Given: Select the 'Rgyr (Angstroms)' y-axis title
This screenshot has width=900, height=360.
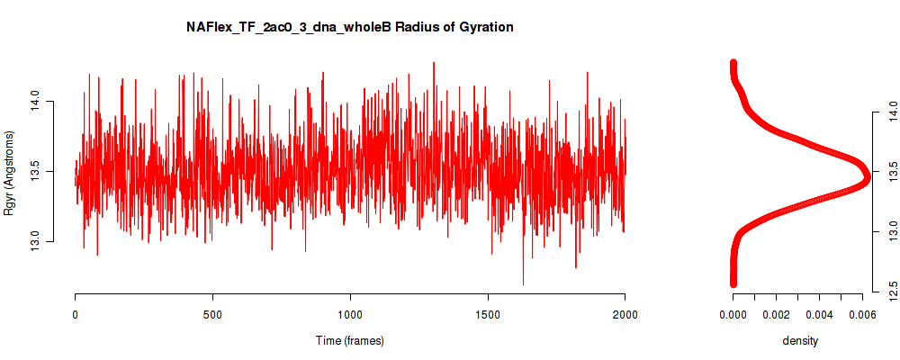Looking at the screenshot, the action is [x=9, y=173].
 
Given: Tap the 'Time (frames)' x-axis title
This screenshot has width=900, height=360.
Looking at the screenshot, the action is [x=349, y=340].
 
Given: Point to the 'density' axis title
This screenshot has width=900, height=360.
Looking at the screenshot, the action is [x=800, y=341].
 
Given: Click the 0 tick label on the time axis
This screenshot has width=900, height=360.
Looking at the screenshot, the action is [x=76, y=314].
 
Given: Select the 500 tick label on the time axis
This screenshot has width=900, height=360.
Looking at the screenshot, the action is [x=213, y=314].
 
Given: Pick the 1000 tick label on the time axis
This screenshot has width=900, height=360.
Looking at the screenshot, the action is [x=350, y=314].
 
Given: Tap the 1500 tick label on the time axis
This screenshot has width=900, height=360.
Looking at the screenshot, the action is [x=488, y=314].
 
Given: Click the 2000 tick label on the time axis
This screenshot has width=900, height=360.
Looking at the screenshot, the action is [x=625, y=314].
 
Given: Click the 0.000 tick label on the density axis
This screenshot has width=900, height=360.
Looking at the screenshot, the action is [x=733, y=314].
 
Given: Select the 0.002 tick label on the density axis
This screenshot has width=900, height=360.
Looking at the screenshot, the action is [x=776, y=314].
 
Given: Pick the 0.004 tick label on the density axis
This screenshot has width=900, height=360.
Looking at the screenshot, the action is [x=819, y=314].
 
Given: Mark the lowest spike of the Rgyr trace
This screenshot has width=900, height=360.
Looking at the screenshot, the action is [x=523, y=283].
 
